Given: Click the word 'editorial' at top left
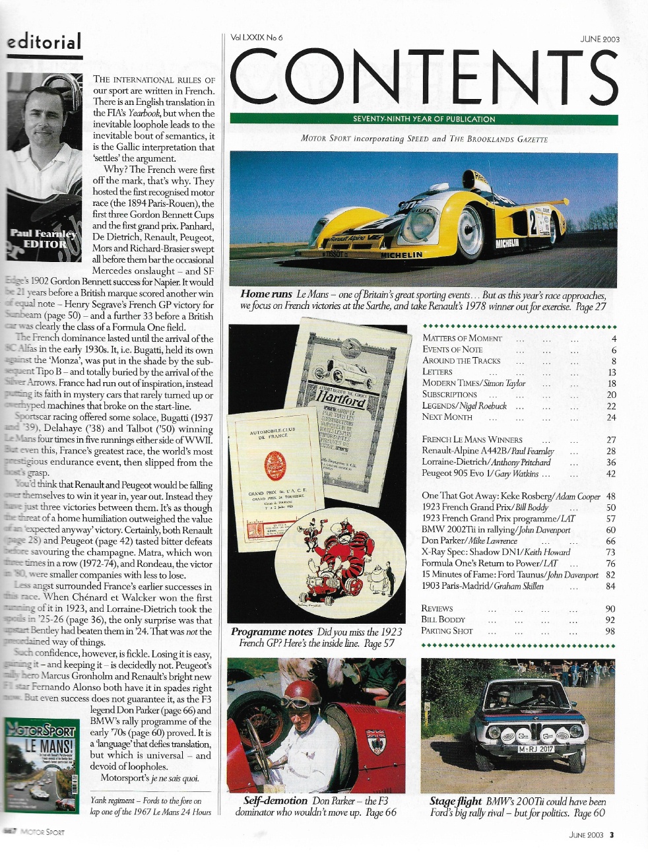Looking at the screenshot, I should [x=44, y=42].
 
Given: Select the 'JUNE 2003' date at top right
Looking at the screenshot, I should [x=599, y=39].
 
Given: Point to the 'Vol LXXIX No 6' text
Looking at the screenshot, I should [x=257, y=38].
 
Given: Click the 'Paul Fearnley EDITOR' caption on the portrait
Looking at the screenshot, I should [x=41, y=238].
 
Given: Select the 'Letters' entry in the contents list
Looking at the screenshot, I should [x=437, y=372].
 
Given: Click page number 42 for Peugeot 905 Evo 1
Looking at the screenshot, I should [x=610, y=474].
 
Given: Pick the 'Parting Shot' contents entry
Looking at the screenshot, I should [x=447, y=631].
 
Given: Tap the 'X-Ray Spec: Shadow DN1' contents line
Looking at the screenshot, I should [x=496, y=552].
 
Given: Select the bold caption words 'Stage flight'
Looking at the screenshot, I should [x=455, y=801].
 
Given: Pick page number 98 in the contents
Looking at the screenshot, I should [x=610, y=631].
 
